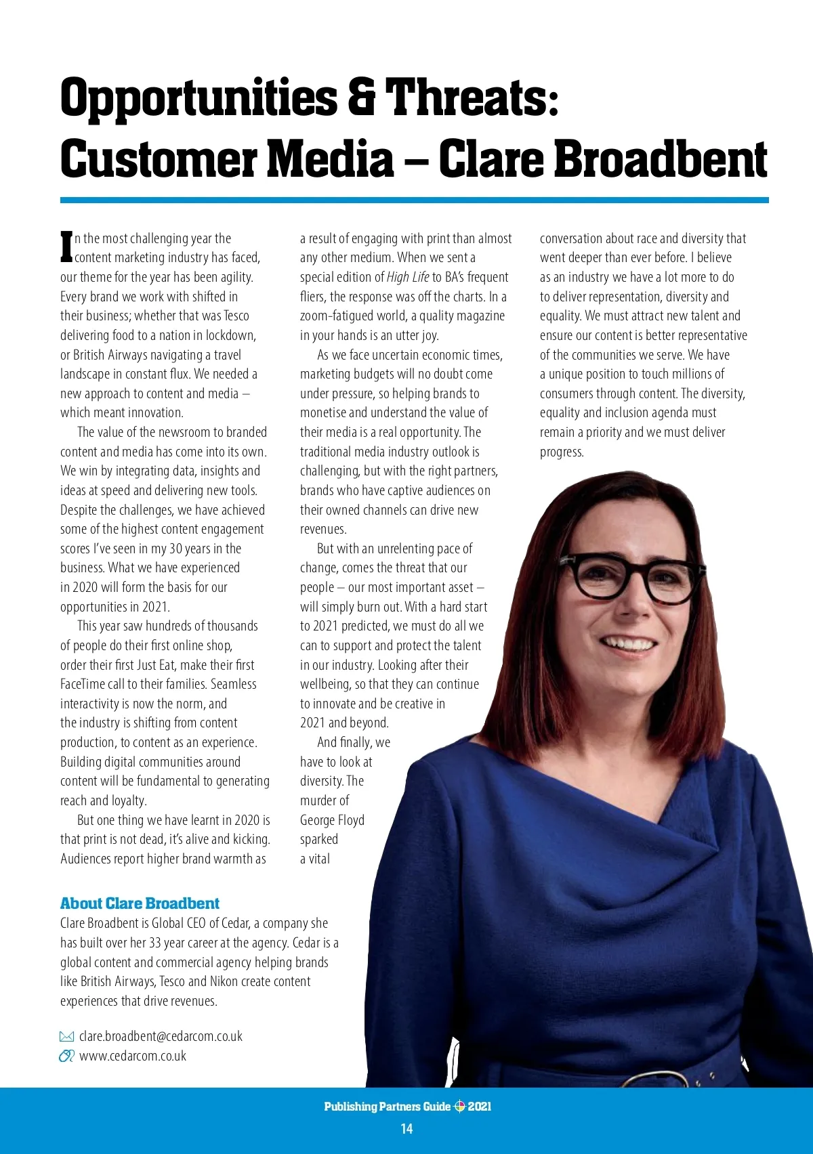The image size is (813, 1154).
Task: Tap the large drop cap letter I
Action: tap(66, 247)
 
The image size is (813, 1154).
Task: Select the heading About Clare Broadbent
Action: tap(140, 903)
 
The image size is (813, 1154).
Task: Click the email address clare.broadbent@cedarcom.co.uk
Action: tap(161, 1036)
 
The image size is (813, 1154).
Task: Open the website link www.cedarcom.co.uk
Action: tap(133, 1056)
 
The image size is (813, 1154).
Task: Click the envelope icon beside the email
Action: tap(66, 1036)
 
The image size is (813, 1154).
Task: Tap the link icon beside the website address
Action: tap(66, 1056)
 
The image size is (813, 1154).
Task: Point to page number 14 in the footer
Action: tap(406, 1128)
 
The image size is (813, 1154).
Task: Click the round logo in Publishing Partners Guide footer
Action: tap(459, 1107)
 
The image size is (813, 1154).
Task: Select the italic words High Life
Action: tap(408, 277)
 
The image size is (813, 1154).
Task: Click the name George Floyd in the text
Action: tap(332, 820)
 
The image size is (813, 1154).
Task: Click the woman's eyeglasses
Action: tap(630, 576)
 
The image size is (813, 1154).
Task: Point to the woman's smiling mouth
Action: tap(629, 643)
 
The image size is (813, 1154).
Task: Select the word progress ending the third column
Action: tap(562, 452)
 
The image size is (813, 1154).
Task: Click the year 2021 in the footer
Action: tap(480, 1107)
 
